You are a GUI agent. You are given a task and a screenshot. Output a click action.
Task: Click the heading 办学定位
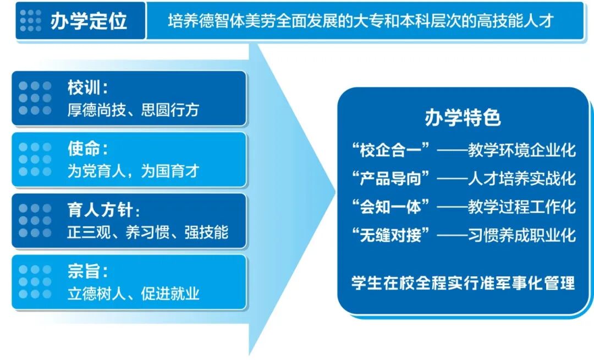[x=88, y=20]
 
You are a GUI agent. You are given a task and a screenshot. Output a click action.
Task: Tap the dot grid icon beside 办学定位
[x=30, y=20]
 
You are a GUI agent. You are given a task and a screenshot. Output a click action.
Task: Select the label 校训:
[x=87, y=88]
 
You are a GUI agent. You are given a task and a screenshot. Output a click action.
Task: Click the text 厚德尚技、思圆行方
[x=133, y=110]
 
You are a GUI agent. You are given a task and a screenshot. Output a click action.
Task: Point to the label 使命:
[x=87, y=149]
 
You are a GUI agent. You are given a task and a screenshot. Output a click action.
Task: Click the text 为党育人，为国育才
[x=133, y=171]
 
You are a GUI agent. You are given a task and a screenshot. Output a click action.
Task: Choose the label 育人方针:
[x=103, y=210]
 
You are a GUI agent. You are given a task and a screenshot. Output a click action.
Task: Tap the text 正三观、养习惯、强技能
[x=147, y=232]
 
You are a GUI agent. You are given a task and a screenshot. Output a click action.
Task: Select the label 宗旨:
[x=87, y=271]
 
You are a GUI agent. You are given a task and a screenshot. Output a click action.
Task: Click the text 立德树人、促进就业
[x=133, y=293]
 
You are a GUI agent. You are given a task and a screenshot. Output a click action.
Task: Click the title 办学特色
[x=463, y=118]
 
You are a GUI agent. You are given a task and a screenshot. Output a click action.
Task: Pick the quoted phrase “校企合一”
[x=393, y=150]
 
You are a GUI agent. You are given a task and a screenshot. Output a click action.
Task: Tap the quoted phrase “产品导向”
[x=393, y=178]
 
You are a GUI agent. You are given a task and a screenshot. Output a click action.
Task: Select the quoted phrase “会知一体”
[x=393, y=207]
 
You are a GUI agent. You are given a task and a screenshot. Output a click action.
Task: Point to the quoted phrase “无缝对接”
[x=393, y=236]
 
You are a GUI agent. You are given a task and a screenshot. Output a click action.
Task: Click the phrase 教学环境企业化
[x=521, y=150]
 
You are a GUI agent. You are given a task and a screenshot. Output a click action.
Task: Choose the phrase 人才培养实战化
[x=521, y=178]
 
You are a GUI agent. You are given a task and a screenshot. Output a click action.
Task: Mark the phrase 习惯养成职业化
[x=521, y=236]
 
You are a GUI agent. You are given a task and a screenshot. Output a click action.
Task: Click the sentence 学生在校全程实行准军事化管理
[x=463, y=283]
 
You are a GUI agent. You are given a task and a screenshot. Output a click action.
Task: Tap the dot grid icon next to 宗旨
[x=35, y=281]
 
